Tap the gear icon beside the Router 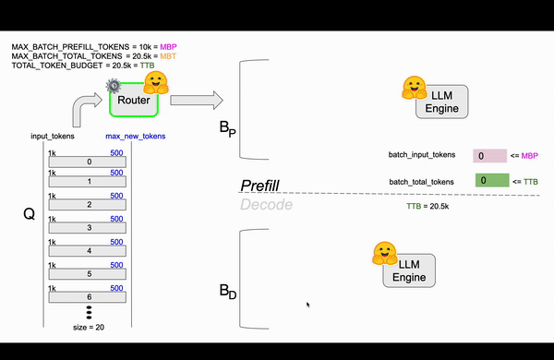114,86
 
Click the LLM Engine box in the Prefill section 441,101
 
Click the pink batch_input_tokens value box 488,157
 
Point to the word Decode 266,205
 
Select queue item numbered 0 89,162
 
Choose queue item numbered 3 89,228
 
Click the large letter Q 29,214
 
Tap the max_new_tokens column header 135,137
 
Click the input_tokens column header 52,137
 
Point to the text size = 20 90,327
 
